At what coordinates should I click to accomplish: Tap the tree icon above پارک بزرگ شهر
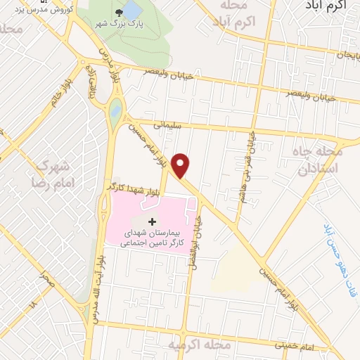tap(131, 11)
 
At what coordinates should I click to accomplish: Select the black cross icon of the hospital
tap(154, 221)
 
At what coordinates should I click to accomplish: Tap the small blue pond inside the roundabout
tap(115, 110)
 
